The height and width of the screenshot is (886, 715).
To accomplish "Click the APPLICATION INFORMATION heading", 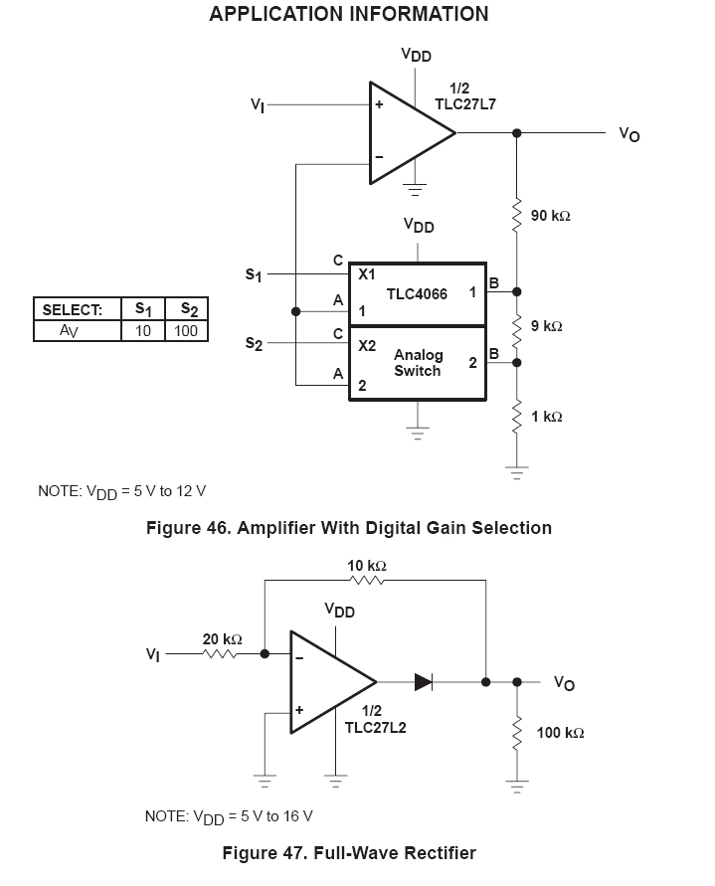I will pyautogui.click(x=349, y=15).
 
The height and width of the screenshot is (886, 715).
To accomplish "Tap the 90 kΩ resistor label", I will pyautogui.click(x=551, y=216).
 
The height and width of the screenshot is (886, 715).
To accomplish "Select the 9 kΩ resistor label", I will pyautogui.click(x=547, y=326).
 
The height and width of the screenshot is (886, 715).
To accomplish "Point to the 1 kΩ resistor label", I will pyautogui.click(x=547, y=417).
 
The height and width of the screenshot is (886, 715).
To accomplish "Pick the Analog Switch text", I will pyautogui.click(x=418, y=363).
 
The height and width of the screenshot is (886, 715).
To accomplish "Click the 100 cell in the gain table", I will pyautogui.click(x=186, y=330).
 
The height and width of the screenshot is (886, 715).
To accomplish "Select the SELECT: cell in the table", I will pyautogui.click(x=73, y=310).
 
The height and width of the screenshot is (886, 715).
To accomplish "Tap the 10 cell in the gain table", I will pyautogui.click(x=143, y=330).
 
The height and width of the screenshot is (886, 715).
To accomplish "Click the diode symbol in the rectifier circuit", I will pyautogui.click(x=423, y=682).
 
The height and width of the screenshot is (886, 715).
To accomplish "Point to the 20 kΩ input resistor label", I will pyautogui.click(x=223, y=639).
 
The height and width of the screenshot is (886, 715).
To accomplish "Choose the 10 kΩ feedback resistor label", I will pyautogui.click(x=367, y=566).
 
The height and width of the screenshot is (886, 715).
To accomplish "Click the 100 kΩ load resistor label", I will pyautogui.click(x=560, y=733).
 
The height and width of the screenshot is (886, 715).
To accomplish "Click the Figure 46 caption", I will pyautogui.click(x=348, y=528).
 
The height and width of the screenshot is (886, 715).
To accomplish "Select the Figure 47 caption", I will pyautogui.click(x=348, y=853).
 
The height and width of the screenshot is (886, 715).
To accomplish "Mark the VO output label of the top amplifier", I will pyautogui.click(x=628, y=134).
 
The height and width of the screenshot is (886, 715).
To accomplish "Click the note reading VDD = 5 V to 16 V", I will pyautogui.click(x=229, y=816).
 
